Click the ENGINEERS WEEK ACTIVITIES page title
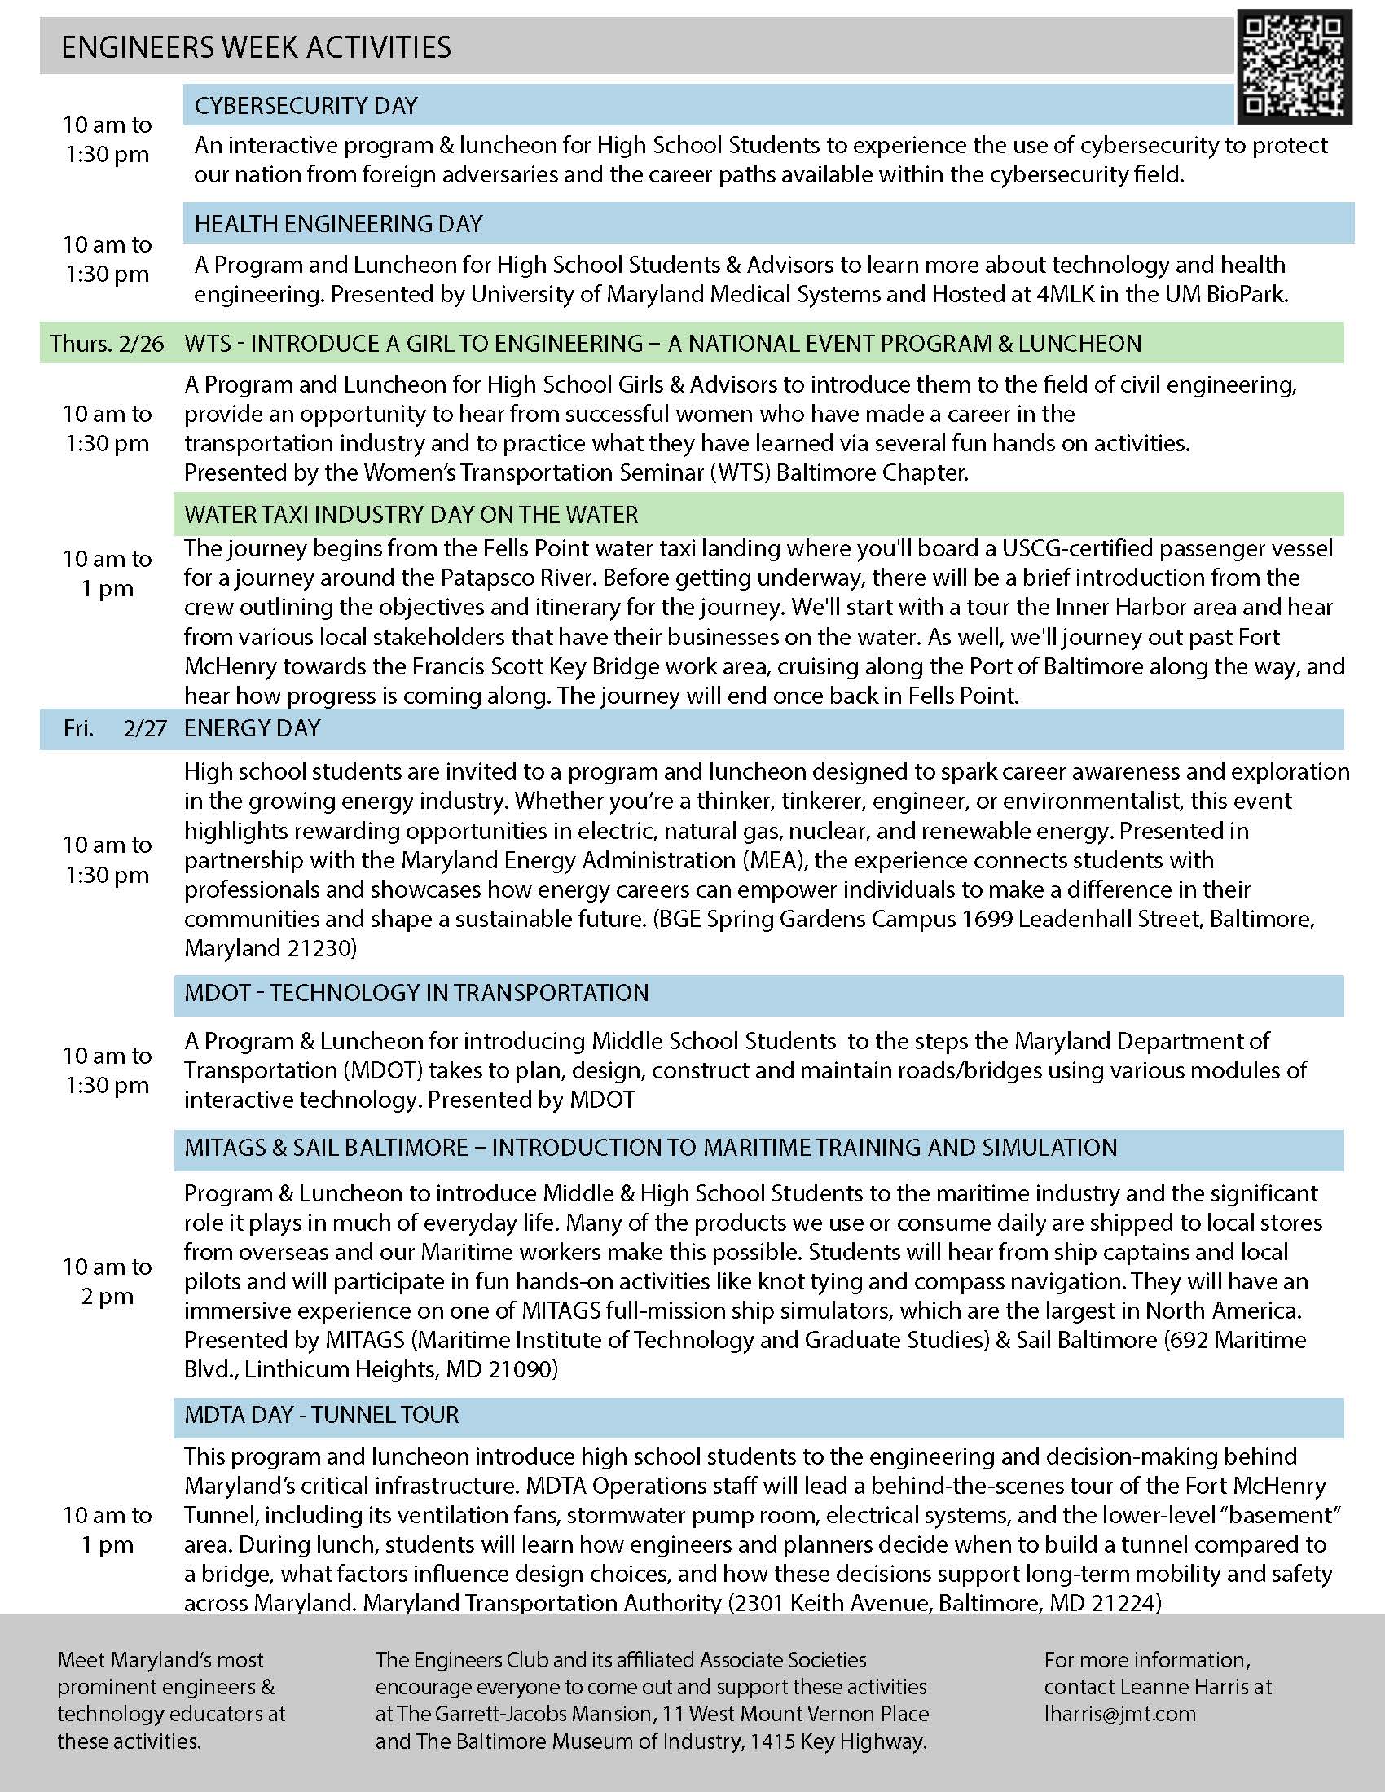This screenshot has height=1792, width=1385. tap(256, 47)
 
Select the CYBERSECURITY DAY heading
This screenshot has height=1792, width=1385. tap(306, 106)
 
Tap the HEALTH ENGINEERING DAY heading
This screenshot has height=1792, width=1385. tap(338, 224)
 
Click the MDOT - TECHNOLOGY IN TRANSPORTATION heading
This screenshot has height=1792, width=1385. tap(416, 993)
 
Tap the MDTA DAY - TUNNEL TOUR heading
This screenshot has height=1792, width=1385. tap(322, 1415)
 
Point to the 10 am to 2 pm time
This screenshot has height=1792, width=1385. tap(108, 1281)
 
